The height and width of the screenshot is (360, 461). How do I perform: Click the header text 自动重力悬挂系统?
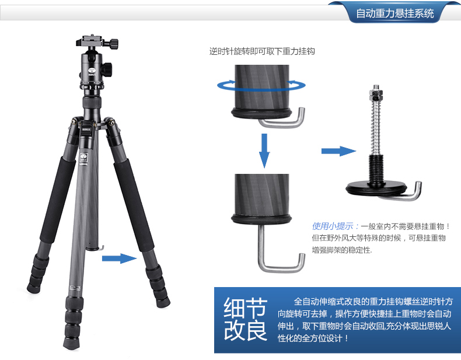395,13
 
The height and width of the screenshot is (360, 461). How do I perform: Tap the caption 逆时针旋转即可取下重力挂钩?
262,51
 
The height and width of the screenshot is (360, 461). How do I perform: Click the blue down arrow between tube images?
264,151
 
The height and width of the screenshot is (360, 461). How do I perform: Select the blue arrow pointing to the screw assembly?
338,151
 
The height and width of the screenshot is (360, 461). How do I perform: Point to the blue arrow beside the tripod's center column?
120,258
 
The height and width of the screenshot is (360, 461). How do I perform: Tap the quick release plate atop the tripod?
96,41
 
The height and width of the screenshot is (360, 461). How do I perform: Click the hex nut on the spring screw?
376,95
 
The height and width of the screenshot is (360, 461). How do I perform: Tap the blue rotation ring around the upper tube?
261,86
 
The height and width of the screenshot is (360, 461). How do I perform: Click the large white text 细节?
246,308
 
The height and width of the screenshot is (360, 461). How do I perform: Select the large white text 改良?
246,330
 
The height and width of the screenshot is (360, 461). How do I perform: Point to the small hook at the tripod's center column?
102,248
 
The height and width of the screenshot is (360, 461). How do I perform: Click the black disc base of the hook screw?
376,187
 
